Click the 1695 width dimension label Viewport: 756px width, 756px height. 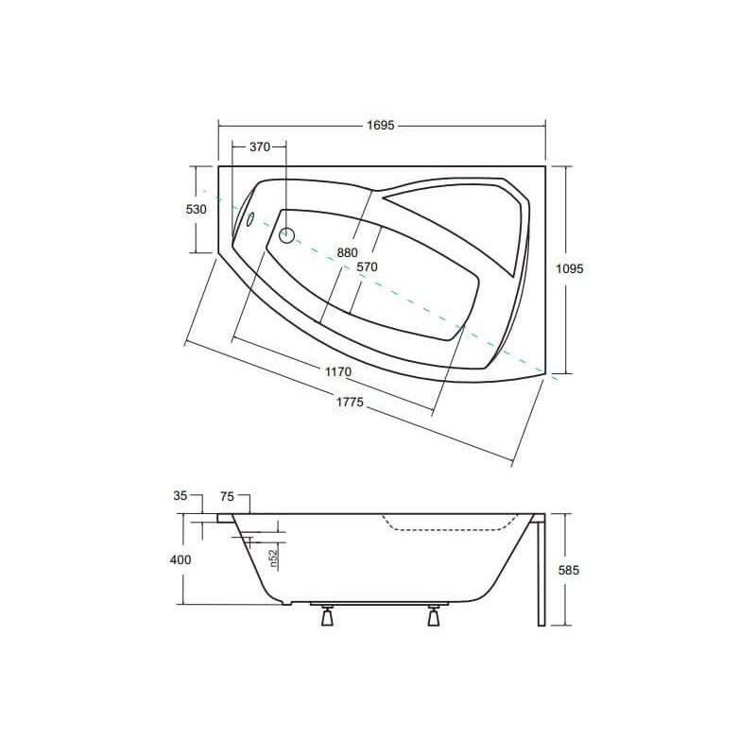(381, 126)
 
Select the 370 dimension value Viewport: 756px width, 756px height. (260, 147)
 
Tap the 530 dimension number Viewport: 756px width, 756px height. (197, 209)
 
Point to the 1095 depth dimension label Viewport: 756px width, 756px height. (570, 268)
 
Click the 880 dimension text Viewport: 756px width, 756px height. (347, 252)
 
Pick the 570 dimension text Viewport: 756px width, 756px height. (367, 266)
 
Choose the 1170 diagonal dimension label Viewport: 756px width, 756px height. (338, 372)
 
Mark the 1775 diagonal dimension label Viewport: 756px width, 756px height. (350, 402)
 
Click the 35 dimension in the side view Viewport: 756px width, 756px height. (180, 495)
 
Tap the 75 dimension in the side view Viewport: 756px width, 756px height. (227, 496)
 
